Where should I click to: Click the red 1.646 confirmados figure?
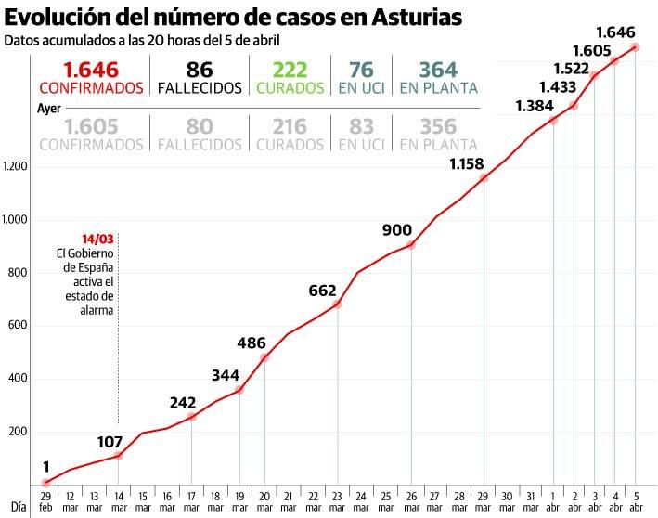point(91,70)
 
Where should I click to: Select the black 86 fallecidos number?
point(199,70)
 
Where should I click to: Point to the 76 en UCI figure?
point(362,70)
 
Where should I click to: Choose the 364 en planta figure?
point(438,70)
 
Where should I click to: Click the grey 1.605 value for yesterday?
point(91,126)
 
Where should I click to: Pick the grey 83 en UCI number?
point(362,126)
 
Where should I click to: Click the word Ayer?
point(48,108)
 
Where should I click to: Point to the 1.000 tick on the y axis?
point(17,220)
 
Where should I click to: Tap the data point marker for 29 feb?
point(46,482)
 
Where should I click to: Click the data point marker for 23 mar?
point(337,304)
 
